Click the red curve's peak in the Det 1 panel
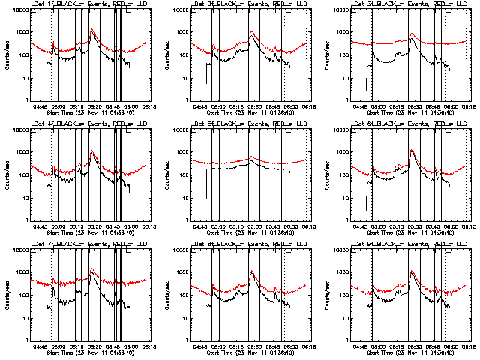pyautogui.click(x=91, y=29)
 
